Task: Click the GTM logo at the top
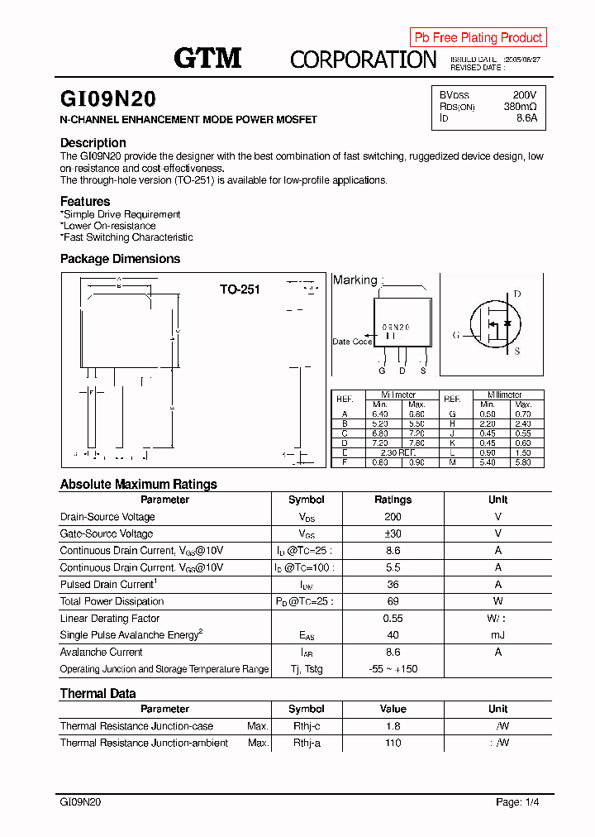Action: click(207, 58)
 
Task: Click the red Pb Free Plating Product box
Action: click(478, 37)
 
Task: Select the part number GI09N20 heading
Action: click(107, 99)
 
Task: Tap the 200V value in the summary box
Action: click(524, 95)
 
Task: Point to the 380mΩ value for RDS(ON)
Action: click(520, 107)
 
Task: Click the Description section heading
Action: click(93, 142)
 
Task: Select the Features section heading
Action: click(85, 201)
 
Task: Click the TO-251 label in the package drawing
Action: click(240, 289)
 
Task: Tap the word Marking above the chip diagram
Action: click(355, 280)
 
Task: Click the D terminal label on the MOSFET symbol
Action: click(517, 294)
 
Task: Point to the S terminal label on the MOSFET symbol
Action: click(517, 352)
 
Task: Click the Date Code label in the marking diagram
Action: click(352, 342)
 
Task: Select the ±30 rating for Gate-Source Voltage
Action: click(393, 534)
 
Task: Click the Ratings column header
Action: click(393, 500)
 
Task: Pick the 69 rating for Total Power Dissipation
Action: click(393, 601)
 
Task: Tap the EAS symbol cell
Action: click(306, 636)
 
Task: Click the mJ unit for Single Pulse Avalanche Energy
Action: click(497, 635)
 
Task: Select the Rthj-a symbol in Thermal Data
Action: click(306, 744)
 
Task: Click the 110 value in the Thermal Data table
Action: click(393, 744)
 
